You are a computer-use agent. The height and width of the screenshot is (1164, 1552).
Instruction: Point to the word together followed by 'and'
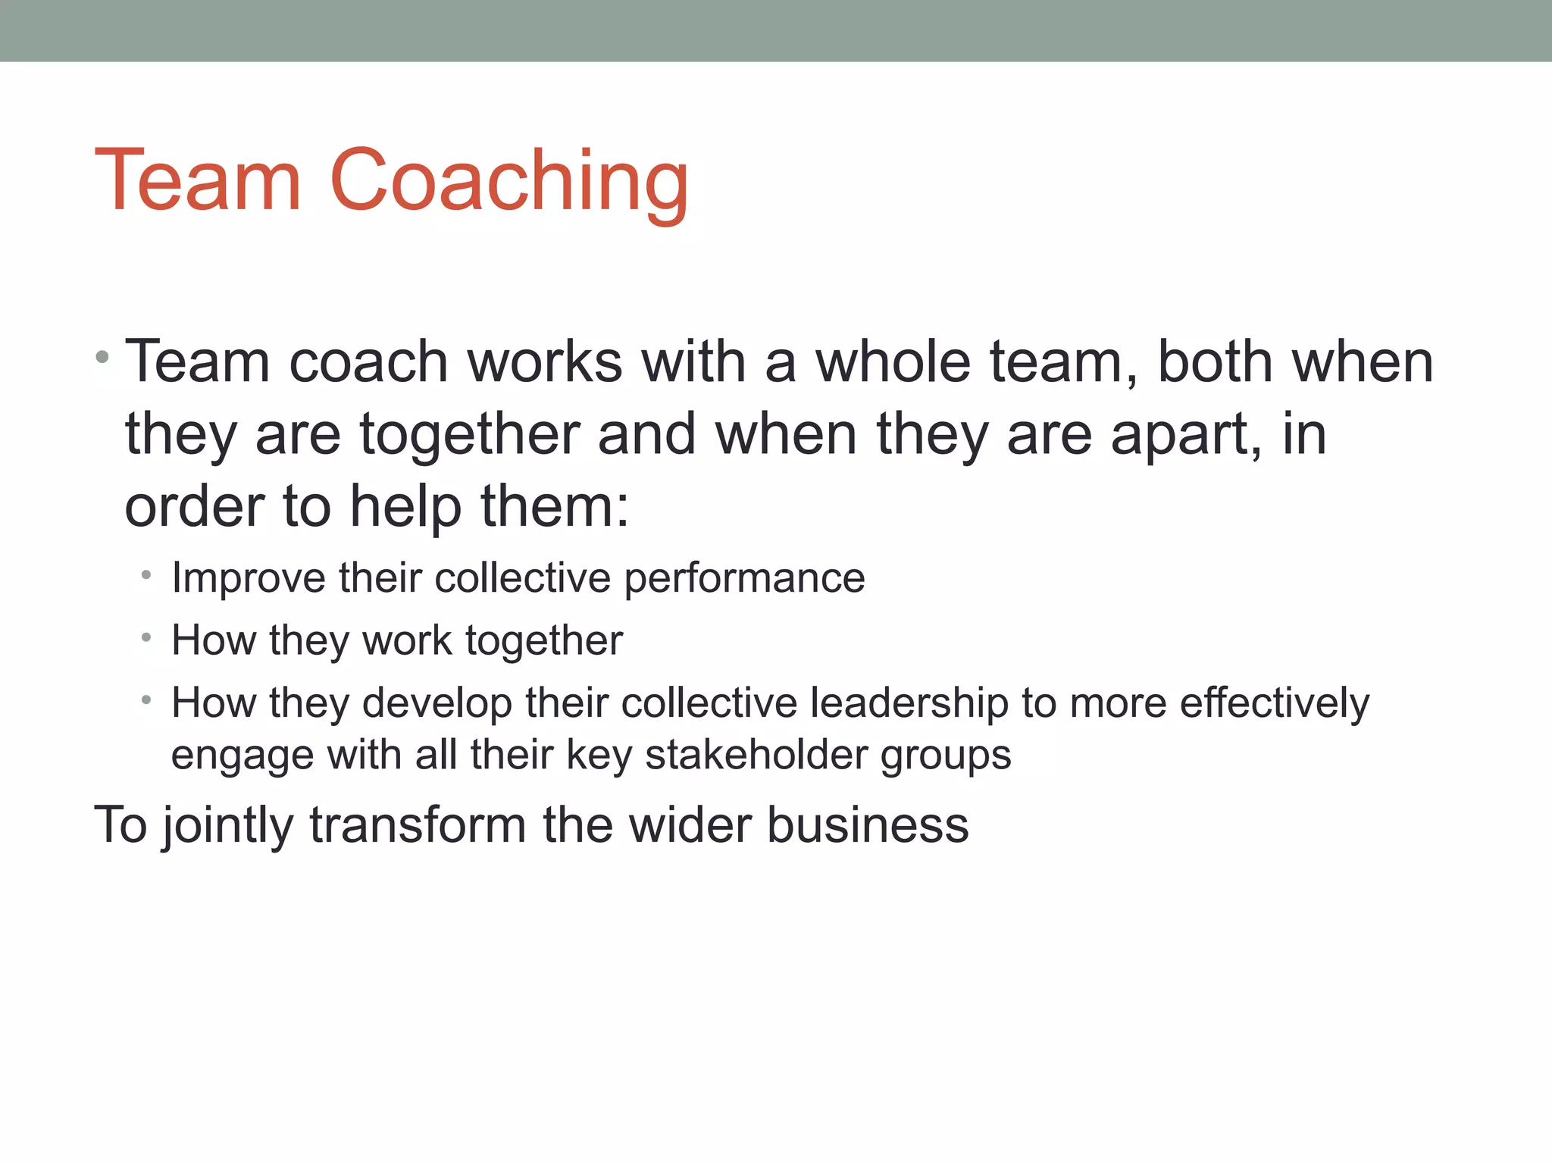(x=469, y=435)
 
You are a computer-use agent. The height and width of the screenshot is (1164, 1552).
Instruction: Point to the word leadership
(x=909, y=703)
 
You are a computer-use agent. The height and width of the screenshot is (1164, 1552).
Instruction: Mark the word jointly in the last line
(x=227, y=825)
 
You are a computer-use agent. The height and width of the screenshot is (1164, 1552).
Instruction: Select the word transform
(x=418, y=824)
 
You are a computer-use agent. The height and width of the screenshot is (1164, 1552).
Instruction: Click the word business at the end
(x=867, y=824)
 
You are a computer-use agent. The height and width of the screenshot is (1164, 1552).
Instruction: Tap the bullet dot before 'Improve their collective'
(x=146, y=576)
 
